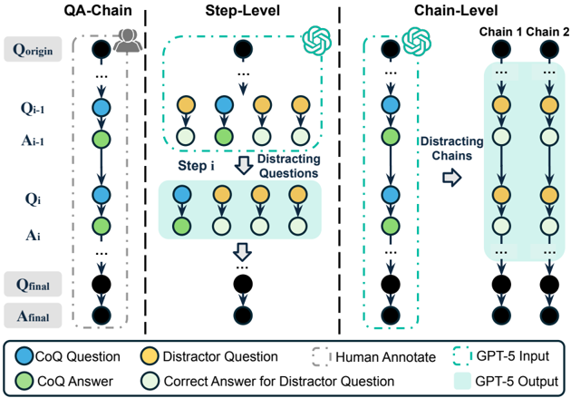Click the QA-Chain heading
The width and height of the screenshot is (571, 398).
(x=98, y=10)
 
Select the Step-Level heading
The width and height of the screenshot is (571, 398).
(x=243, y=10)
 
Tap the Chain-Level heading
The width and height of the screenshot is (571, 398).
(x=456, y=10)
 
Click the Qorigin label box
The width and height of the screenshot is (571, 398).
(x=33, y=49)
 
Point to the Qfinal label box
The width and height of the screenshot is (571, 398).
(x=33, y=284)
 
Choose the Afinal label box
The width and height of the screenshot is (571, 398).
(x=33, y=315)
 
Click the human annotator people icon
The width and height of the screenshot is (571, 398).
(x=127, y=40)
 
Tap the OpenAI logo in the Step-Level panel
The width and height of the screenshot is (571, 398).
(x=317, y=41)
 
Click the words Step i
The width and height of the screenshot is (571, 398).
(x=196, y=166)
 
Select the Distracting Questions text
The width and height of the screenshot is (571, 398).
(x=289, y=166)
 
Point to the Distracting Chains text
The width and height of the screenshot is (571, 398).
(x=452, y=149)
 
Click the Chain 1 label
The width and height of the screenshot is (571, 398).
(x=500, y=32)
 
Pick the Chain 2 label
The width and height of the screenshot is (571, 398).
(x=547, y=32)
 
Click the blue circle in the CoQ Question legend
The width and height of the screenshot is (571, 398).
(x=24, y=356)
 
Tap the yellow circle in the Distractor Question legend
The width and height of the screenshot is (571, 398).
(x=150, y=356)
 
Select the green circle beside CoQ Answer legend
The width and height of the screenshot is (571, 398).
(x=24, y=382)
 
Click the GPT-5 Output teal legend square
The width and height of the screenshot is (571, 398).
(x=462, y=381)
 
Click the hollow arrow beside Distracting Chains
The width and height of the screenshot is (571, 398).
(x=452, y=178)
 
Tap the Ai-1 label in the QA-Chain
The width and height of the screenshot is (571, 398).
(x=33, y=141)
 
